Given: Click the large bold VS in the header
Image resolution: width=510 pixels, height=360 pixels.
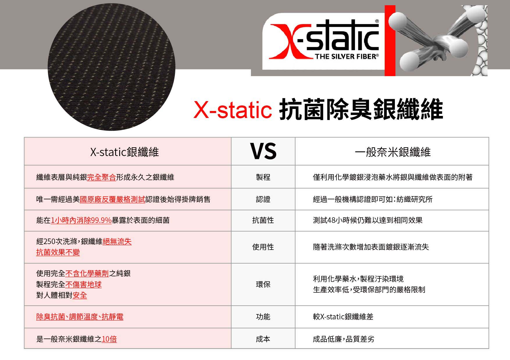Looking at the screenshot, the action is pos(263,151).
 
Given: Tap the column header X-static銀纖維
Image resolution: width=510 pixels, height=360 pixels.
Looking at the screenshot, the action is pos(124,152).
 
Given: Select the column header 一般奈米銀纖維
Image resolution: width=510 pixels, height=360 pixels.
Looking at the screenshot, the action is pos(393,152).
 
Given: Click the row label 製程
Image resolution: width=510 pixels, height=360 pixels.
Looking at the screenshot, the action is pos(263,177).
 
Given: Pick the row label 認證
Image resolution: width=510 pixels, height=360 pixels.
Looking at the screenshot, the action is pos(263,199).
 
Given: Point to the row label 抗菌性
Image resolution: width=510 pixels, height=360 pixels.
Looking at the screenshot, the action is pos(263,220).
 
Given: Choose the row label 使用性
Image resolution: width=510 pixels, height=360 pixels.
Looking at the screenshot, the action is pos(263,247).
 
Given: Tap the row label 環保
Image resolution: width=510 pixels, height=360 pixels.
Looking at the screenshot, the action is pos(263,284).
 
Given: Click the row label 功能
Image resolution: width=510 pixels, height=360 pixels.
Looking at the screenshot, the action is pos(263,317).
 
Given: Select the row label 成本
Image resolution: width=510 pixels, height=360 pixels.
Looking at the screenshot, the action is pos(263,339).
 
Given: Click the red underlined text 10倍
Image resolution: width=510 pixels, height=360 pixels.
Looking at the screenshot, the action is pos(109,339).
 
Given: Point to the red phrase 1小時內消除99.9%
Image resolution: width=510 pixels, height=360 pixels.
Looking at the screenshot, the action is pos(81,220).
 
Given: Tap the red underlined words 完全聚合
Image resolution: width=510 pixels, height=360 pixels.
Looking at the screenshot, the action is pos(101,177).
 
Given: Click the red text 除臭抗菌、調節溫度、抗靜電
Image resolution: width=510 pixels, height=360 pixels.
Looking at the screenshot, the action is pos(80,317).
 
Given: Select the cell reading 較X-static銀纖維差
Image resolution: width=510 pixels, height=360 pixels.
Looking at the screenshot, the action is pos(343,317).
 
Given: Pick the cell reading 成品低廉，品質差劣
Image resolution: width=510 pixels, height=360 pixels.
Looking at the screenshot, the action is pos(343,339).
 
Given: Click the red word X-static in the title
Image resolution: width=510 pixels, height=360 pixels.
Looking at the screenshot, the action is pos(233,110).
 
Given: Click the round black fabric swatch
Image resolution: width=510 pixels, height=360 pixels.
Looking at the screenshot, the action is pos(111,67).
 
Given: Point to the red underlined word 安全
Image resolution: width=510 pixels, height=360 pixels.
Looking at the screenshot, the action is pos(80,295).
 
